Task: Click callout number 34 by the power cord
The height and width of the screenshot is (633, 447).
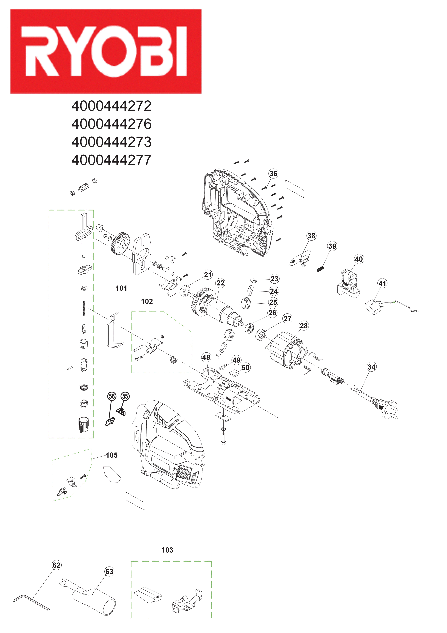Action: coord(371,367)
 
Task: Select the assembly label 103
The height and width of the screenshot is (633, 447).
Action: coord(167,550)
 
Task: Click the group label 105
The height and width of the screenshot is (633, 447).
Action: coord(112,455)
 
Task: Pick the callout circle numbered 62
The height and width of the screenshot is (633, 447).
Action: coord(56,565)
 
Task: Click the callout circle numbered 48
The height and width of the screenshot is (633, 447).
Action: coord(206,357)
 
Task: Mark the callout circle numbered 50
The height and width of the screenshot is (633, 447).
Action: coord(246,367)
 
